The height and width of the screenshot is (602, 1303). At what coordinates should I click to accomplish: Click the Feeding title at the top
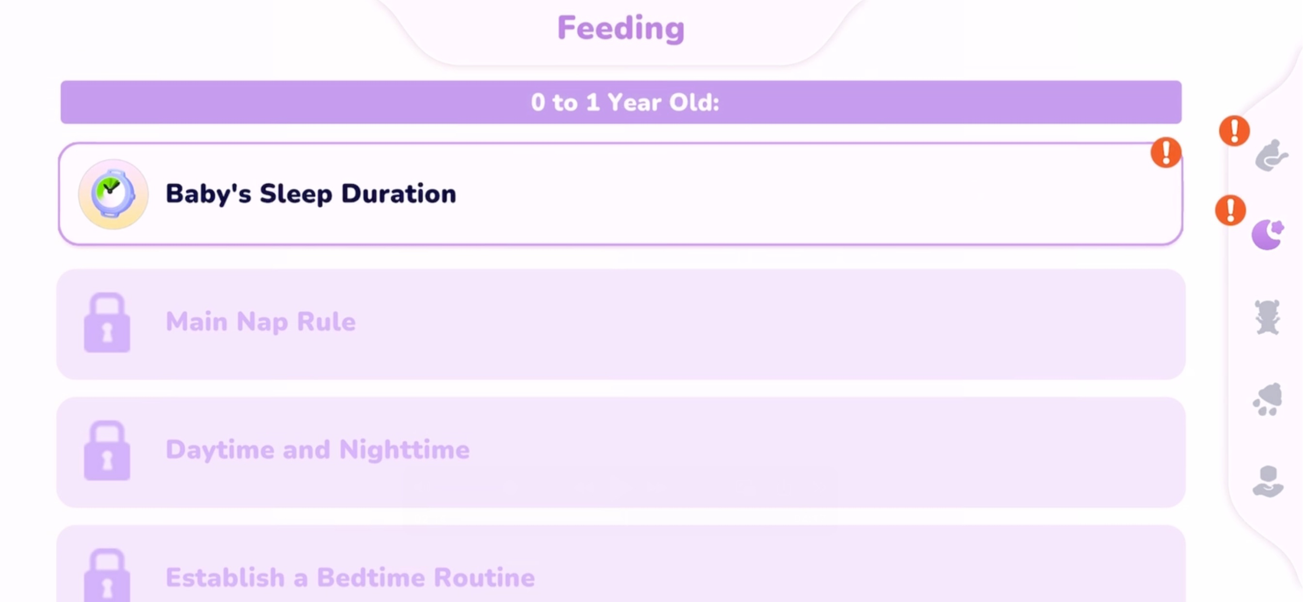click(620, 28)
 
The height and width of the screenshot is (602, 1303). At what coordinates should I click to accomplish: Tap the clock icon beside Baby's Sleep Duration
click(113, 194)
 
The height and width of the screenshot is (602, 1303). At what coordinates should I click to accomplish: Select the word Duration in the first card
click(398, 194)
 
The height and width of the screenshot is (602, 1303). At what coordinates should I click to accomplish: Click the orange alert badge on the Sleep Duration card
click(1166, 152)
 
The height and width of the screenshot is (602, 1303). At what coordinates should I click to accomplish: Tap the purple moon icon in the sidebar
click(1268, 234)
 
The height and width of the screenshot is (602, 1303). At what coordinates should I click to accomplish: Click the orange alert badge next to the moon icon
click(1230, 210)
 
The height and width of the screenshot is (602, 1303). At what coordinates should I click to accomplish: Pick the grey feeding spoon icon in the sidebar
click(1271, 156)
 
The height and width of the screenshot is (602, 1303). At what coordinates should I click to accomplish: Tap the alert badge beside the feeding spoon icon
click(1234, 130)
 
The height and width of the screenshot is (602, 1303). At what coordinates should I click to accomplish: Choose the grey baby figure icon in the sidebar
click(1267, 317)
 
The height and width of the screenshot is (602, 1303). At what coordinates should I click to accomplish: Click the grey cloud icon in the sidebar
click(1268, 400)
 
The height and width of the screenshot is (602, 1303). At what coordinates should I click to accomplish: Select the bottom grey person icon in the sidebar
click(1268, 482)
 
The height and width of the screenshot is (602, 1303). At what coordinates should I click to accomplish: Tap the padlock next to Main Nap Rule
click(107, 322)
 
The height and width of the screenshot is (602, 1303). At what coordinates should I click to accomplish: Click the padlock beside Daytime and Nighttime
click(107, 450)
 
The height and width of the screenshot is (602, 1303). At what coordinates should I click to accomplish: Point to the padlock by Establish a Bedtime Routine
click(107, 576)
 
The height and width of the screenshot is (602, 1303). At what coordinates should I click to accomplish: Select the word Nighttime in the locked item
click(404, 450)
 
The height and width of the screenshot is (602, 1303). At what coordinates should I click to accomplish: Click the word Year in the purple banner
click(634, 103)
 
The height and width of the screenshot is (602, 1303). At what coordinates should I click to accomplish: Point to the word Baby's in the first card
click(208, 194)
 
